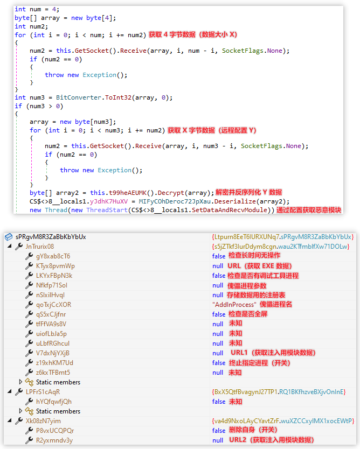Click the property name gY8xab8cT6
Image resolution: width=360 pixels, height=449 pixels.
coord(53,256)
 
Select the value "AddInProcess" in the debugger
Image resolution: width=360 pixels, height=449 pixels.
coord(234,304)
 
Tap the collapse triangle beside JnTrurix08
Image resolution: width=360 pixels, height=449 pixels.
coord(10,246)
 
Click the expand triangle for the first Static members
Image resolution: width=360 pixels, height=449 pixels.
coord(20,382)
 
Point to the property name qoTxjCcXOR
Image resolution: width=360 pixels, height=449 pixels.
coord(53,304)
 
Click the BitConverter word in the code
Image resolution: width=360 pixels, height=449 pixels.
coord(79,97)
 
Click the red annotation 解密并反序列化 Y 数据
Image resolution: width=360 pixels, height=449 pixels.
coord(249,192)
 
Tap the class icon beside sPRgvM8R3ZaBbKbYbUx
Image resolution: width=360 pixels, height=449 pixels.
coord(9,237)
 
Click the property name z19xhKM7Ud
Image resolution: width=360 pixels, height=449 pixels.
coord(54,362)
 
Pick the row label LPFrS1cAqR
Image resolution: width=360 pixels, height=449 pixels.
coord(43,392)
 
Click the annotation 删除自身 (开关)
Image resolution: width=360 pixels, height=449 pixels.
coord(253,430)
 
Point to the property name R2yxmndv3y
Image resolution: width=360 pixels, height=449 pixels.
coord(54,440)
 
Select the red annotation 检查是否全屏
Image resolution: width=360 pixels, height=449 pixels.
coord(248,314)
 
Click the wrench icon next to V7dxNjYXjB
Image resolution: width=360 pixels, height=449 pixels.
coord(29,353)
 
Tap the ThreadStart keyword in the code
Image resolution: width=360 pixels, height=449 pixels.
coord(107,210)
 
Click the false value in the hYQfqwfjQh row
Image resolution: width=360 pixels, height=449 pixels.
coord(219,402)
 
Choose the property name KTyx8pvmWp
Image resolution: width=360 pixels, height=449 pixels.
coord(56,266)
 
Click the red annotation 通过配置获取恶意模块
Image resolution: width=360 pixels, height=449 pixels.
coord(309,210)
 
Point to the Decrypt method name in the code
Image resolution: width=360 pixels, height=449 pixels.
coord(171,193)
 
